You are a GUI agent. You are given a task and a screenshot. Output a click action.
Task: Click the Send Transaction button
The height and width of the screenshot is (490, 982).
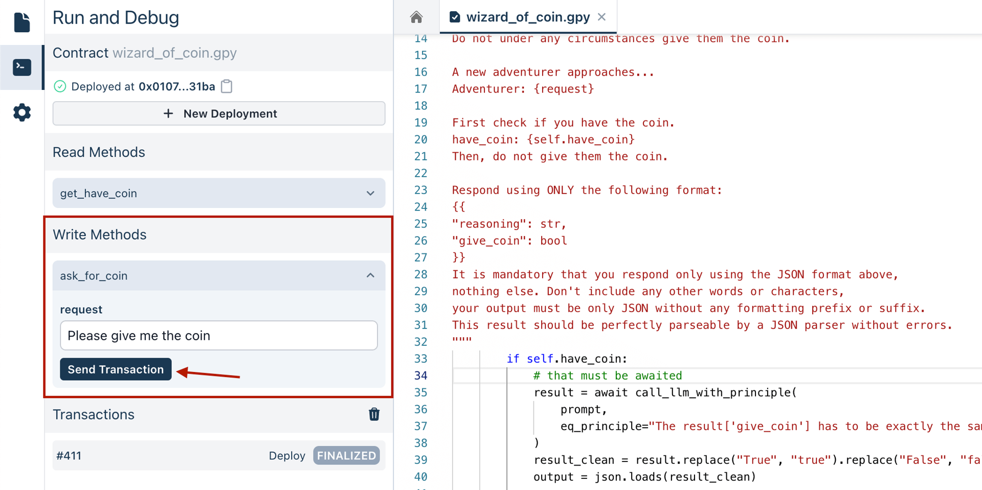(x=116, y=369)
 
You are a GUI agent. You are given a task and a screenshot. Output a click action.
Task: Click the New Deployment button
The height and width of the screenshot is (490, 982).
(x=219, y=113)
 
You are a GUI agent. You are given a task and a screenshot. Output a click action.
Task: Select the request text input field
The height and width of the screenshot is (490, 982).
(x=219, y=336)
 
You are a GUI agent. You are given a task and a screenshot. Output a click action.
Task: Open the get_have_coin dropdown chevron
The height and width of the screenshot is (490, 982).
(x=370, y=193)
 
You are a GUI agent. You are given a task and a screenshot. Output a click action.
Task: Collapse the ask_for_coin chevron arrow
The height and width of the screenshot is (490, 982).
(x=370, y=276)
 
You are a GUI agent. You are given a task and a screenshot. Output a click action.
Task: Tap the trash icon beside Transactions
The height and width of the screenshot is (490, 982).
(x=374, y=414)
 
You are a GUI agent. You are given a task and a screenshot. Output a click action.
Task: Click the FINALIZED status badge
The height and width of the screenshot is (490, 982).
(x=346, y=456)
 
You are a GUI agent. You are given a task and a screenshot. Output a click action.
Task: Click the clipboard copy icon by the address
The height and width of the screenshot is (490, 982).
(x=227, y=86)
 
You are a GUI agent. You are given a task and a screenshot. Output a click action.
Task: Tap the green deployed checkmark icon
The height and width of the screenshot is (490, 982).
(x=60, y=86)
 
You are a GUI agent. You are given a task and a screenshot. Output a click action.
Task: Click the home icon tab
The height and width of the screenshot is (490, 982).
(x=416, y=17)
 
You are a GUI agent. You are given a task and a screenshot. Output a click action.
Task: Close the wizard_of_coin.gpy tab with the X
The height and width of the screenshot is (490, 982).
(x=602, y=17)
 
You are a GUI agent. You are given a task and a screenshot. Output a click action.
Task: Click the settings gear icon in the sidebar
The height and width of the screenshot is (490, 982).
(x=22, y=112)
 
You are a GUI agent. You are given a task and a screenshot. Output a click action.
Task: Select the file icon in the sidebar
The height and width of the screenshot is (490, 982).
(x=22, y=22)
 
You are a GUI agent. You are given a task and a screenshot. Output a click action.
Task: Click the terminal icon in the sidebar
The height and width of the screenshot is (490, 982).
(x=22, y=67)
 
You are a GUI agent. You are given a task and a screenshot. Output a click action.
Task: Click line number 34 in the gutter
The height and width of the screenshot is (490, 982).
(x=420, y=376)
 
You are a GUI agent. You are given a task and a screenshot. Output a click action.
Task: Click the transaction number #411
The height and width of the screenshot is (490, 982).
(x=69, y=456)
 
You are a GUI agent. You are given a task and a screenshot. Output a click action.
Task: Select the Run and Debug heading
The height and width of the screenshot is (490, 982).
(x=116, y=18)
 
